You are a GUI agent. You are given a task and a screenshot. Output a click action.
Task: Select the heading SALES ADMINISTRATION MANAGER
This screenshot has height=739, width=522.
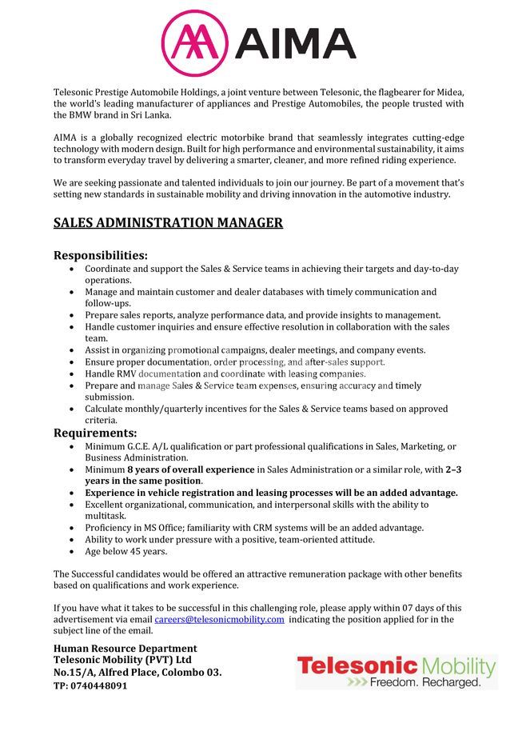point(168,222)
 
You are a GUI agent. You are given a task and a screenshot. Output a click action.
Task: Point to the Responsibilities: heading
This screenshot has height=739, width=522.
point(101,255)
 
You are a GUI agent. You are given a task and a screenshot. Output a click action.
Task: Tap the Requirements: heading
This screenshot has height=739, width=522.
point(95,433)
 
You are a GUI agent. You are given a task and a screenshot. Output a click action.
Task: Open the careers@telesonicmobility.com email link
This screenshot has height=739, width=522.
point(219,619)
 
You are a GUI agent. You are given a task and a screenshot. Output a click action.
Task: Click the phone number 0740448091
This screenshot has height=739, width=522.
point(100,685)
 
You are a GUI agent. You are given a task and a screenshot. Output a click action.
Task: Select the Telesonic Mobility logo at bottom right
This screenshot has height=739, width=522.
point(396,672)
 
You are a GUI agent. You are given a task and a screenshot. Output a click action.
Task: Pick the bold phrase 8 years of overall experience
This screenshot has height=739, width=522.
point(190,469)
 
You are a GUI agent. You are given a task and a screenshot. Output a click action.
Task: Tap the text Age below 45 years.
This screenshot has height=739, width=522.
point(126,551)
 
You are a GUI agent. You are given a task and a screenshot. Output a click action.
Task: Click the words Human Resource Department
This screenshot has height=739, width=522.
point(125,648)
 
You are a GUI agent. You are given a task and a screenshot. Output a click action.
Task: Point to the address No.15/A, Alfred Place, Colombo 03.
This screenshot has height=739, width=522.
point(137,673)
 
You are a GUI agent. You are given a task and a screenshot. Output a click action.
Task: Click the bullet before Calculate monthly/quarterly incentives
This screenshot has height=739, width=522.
point(74,409)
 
